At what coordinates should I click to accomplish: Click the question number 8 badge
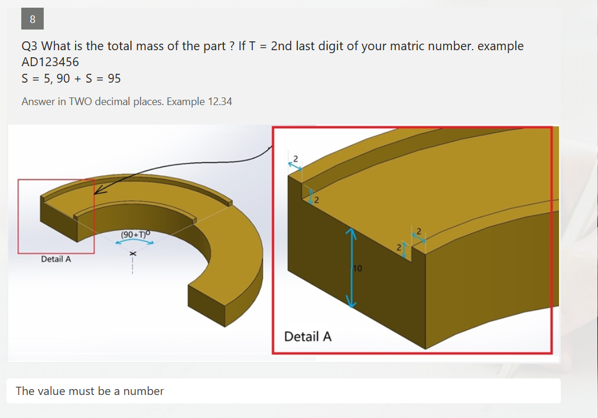tap(32, 19)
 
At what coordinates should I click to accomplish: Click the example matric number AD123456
tap(50, 62)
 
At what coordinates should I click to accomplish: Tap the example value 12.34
tap(220, 102)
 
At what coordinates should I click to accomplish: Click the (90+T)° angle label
tap(136, 234)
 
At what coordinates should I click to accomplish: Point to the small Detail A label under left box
tap(56, 259)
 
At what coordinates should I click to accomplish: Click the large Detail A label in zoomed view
tap(308, 337)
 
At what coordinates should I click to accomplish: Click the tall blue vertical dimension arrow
tap(352, 269)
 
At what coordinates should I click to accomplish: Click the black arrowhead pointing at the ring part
tap(98, 191)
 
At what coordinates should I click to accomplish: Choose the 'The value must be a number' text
tap(90, 391)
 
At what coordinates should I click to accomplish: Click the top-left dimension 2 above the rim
tap(295, 158)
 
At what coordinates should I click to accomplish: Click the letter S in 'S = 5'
tap(25, 79)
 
